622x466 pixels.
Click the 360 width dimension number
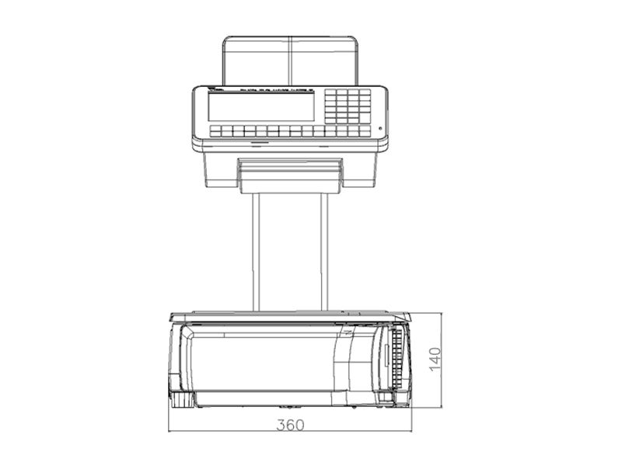290,425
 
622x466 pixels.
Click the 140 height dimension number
435,359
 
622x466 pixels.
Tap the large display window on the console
260,107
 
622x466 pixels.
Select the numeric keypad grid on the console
348,106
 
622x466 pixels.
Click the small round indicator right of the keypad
380,128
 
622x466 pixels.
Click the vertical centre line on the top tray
290,61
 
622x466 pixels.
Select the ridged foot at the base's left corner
181,400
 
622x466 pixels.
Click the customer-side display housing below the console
290,174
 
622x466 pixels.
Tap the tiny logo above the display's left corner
215,91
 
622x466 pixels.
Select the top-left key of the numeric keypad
330,93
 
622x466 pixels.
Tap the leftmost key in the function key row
215,131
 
